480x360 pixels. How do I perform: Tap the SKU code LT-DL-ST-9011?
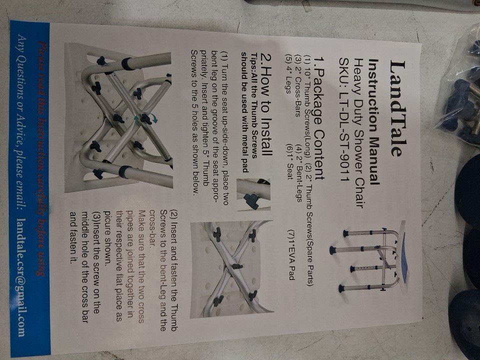click(x=345, y=119)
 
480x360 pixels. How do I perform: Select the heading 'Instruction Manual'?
click(x=374, y=121)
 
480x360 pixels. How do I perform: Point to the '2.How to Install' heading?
click(x=265, y=104)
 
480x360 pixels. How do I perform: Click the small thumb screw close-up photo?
click(x=253, y=194)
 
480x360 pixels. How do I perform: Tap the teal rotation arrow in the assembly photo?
click(x=154, y=119)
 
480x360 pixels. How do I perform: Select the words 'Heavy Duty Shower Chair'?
click(x=359, y=134)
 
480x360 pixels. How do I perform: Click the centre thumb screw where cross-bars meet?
click(x=145, y=118)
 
